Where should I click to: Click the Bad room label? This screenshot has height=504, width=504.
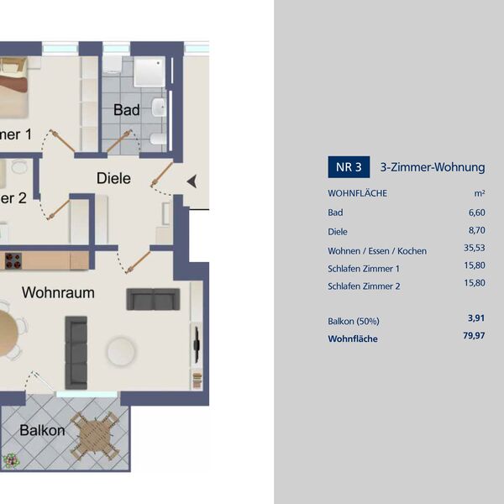126,110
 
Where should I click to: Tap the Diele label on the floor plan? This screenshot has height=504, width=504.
113,178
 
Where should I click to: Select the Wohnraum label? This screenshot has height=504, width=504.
58,292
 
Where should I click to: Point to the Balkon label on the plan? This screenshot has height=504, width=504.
42,430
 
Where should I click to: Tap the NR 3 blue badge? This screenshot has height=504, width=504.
349,167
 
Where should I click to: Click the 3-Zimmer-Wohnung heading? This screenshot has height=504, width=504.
433,167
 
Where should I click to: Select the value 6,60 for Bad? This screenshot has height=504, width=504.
476,213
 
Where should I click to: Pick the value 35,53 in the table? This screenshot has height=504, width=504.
475,248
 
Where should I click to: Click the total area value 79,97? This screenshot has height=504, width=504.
474,335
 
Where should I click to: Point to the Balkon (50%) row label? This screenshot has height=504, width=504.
354,322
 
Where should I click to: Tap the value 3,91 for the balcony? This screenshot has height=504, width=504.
476,318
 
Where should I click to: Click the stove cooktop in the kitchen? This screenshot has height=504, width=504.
13,260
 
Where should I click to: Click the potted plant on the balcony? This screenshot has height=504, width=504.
11,460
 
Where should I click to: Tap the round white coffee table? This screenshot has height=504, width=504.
121,351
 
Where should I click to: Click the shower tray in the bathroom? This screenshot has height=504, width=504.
150,72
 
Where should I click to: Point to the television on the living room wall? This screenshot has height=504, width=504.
197,344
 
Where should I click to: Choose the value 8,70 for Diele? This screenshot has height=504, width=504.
476,230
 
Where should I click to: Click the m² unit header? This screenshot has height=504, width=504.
480,193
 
